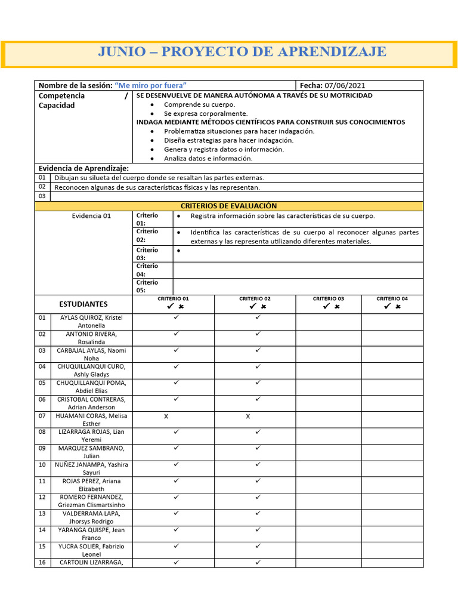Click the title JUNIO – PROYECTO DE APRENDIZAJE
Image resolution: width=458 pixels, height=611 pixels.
[x=242, y=52]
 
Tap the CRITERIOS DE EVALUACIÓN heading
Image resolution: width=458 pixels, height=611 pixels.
[x=229, y=206]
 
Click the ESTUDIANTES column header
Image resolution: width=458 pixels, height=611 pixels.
[x=83, y=304]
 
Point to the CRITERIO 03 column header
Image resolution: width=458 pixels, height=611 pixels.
[x=329, y=299]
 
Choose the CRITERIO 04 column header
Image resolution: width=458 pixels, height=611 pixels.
[x=392, y=299]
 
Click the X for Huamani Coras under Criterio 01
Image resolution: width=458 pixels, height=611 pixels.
[x=166, y=416]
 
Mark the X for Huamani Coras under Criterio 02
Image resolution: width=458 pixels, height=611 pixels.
[x=247, y=416]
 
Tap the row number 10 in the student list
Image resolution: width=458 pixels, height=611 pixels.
[x=42, y=464]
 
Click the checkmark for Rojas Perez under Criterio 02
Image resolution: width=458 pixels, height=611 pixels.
[x=258, y=480]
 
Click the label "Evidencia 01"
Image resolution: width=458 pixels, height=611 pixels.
[x=91, y=216]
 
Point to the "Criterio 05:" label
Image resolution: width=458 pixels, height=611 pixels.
[x=147, y=286]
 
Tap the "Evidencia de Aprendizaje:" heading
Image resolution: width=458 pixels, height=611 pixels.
[x=83, y=168]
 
